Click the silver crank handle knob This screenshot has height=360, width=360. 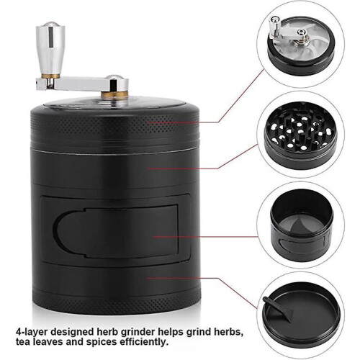pyautogui.click(x=50, y=48)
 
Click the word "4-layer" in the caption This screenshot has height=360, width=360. pyautogui.click(x=31, y=333)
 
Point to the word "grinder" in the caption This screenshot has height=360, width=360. pyautogui.click(x=138, y=332)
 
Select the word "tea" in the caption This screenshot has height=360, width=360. pyautogui.click(x=23, y=342)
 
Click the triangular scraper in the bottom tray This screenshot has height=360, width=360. pyautogui.click(x=279, y=307)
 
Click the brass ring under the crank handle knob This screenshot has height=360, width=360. pyautogui.click(x=50, y=76)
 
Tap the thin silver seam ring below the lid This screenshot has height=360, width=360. pyautogui.click(x=115, y=150)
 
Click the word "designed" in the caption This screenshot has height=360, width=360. pyautogui.click(x=71, y=333)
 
